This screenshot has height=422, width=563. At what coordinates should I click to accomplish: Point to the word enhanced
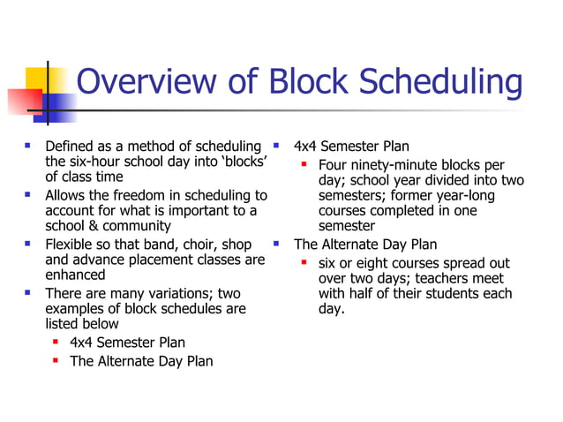pyautogui.click(x=76, y=275)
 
